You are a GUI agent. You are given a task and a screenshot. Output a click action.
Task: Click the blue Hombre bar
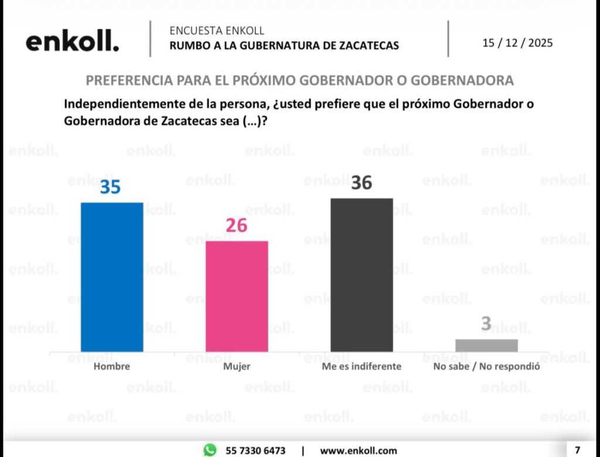tap(112, 277)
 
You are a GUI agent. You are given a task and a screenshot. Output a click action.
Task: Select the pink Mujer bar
tap(237, 296)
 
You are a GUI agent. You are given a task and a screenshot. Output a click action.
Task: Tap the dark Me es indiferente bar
tap(362, 275)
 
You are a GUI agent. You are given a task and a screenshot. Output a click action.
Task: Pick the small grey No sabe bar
tap(486, 346)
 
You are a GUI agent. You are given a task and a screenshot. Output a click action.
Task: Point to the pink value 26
tap(236, 225)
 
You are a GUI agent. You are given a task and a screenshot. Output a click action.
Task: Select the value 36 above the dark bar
tap(361, 183)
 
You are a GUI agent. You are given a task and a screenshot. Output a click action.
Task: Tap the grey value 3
tap(486, 324)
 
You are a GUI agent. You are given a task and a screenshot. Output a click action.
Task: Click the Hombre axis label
tap(111, 367)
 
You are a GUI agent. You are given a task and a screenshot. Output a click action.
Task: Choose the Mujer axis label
tap(237, 367)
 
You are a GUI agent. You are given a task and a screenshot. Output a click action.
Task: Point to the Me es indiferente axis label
tap(362, 367)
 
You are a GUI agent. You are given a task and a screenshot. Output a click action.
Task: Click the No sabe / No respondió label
tap(486, 367)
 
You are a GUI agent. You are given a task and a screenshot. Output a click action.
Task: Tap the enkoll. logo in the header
tap(72, 42)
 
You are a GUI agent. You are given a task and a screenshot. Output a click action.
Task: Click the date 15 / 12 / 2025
tap(517, 43)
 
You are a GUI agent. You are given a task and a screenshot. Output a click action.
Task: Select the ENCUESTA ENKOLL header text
tap(217, 31)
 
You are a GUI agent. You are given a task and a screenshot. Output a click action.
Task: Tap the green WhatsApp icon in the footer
tap(210, 450)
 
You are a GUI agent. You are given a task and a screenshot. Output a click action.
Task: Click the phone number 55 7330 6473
tap(255, 451)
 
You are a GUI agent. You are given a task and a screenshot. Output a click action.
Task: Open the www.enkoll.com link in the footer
tap(358, 451)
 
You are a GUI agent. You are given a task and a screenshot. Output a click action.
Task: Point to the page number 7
tap(577, 450)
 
